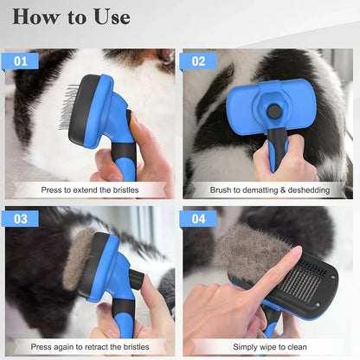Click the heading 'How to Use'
[x=72, y=16]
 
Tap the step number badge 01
[x=21, y=61]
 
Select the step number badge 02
[x=199, y=61]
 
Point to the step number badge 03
[x=21, y=218]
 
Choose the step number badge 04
[x=199, y=218]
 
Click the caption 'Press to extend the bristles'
[x=89, y=190]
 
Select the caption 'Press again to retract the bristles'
[x=89, y=346]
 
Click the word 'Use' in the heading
[x=109, y=16]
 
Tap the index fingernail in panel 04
[x=295, y=254]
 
